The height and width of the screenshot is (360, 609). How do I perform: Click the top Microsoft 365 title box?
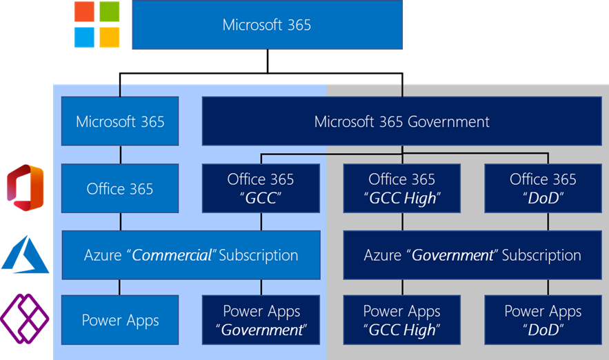click(x=267, y=25)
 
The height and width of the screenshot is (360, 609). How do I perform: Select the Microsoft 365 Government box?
click(x=401, y=121)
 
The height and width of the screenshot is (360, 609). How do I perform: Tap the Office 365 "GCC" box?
click(x=261, y=188)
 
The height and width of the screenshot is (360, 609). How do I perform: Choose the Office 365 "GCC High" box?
click(x=401, y=188)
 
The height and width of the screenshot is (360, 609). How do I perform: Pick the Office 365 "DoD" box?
click(x=543, y=188)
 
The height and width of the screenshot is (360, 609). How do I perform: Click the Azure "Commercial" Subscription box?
click(x=191, y=255)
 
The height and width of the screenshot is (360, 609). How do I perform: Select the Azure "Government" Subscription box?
click(x=472, y=255)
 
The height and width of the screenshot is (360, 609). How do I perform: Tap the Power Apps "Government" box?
click(x=261, y=320)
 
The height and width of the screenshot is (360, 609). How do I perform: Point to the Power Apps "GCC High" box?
click(x=401, y=320)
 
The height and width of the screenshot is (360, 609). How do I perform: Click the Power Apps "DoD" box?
click(x=543, y=320)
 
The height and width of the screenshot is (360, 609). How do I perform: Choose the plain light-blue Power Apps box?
click(x=120, y=320)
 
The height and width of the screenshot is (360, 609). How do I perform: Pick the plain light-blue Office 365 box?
click(x=120, y=188)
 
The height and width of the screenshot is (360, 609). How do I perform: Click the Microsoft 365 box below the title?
click(x=120, y=121)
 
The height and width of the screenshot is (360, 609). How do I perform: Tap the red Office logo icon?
click(x=26, y=187)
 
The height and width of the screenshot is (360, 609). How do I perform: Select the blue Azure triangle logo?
click(x=26, y=254)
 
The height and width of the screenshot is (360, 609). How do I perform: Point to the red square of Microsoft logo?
click(x=86, y=12)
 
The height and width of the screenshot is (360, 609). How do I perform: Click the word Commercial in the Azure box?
click(x=172, y=255)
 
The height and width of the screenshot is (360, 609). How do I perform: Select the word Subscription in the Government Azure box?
click(x=541, y=255)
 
